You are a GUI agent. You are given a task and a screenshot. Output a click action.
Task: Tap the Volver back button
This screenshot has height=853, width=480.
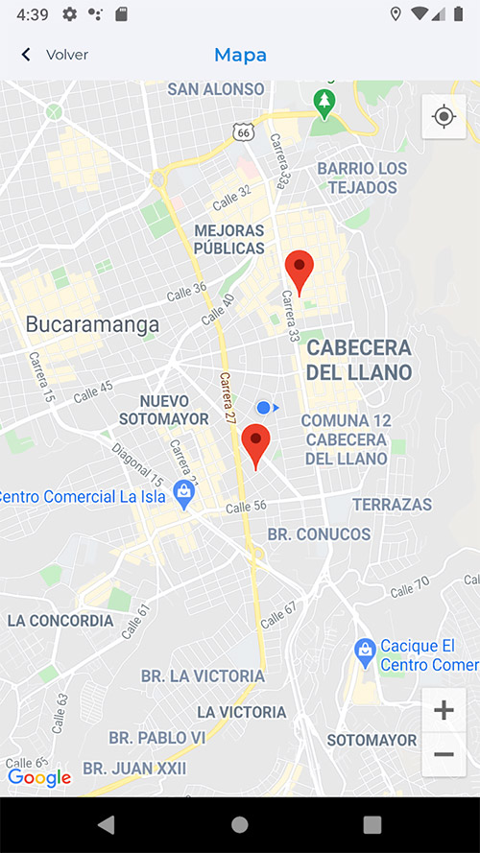click(55, 55)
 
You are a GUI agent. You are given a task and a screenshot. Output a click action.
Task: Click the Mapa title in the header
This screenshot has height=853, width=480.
click(240, 55)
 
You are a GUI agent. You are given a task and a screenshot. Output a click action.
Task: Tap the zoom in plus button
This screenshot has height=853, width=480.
click(444, 711)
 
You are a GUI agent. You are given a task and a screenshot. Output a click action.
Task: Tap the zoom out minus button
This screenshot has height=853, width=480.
click(444, 755)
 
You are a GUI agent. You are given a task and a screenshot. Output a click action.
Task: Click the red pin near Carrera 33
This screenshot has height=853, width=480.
click(300, 271)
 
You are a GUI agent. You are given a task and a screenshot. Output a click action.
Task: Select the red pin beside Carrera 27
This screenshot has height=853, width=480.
click(255, 445)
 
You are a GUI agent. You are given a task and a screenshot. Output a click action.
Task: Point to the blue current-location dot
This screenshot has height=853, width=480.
click(264, 408)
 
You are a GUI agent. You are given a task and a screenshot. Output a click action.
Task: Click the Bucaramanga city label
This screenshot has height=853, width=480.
click(92, 324)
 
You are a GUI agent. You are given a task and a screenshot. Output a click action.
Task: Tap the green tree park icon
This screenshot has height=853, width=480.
click(324, 102)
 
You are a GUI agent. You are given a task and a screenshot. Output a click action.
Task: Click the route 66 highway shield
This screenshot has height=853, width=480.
click(244, 132)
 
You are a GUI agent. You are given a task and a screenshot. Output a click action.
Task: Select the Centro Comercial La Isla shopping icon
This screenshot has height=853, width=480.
click(182, 494)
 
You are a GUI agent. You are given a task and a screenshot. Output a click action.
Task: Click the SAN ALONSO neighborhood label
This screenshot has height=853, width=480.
click(215, 89)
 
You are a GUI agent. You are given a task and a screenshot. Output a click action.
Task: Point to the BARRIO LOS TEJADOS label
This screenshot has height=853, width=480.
click(362, 178)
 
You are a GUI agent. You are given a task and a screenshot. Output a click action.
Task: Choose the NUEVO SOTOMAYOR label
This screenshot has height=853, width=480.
click(163, 410)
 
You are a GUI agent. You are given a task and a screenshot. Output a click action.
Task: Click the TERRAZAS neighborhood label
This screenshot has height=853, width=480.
click(392, 504)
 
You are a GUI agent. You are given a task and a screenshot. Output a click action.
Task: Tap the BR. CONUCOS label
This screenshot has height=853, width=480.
click(319, 533)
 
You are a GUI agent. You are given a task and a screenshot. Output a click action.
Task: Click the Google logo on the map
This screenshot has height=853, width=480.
click(39, 777)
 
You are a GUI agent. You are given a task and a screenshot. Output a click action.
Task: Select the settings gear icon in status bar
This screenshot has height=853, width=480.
click(70, 14)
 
